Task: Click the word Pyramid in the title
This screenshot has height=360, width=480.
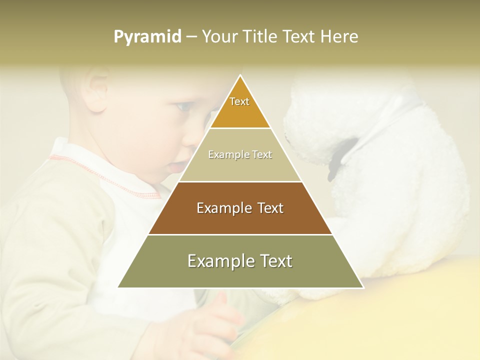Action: coord(147,37)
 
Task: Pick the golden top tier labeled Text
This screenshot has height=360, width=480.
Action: coord(240,107)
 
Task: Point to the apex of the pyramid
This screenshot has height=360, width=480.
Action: coord(240,76)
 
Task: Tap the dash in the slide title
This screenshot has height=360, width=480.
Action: coord(191,37)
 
